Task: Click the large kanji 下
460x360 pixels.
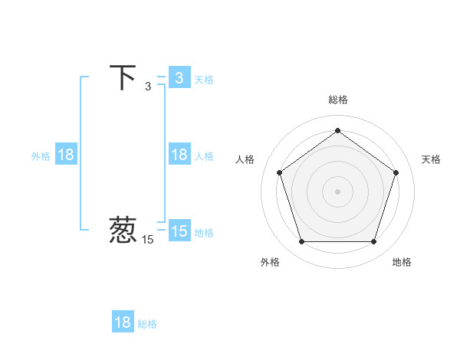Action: [123, 77]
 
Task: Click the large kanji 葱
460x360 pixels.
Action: [123, 231]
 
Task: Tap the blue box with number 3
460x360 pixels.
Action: [179, 78]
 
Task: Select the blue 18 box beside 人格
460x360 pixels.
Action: [179, 155]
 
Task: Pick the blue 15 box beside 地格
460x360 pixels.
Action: [179, 231]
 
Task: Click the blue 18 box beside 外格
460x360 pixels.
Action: [66, 155]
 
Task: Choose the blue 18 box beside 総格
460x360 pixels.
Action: [123, 322]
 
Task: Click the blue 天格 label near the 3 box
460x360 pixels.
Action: [204, 79]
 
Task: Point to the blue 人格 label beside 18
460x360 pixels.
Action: [204, 155]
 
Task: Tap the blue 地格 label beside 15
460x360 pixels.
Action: [204, 232]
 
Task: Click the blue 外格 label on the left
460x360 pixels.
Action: [41, 155]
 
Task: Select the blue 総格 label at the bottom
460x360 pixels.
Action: [147, 323]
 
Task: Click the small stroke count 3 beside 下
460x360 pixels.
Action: [148, 87]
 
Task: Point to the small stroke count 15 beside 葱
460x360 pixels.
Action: [147, 240]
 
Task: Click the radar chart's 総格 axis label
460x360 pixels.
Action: [337, 100]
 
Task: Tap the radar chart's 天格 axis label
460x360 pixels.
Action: [431, 159]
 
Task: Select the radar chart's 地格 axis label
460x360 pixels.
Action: [402, 262]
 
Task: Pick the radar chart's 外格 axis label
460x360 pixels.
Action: [270, 262]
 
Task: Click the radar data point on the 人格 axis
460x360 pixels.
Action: [279, 172]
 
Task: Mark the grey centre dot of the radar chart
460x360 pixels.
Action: [337, 191]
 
